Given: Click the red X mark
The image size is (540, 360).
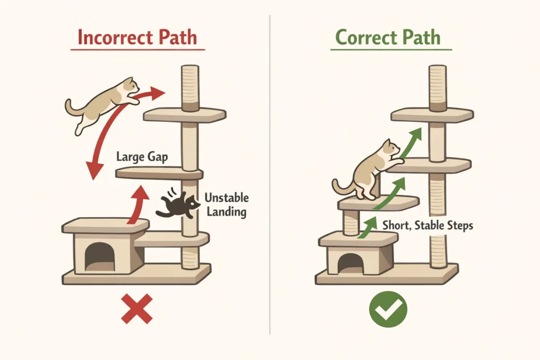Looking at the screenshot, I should (137, 308).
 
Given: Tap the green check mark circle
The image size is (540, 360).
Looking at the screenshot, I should (388, 309).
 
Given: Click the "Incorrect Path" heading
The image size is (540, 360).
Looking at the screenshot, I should (137, 38).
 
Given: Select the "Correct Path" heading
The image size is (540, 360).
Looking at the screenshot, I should (388, 38).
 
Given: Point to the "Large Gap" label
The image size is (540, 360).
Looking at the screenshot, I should (141, 157).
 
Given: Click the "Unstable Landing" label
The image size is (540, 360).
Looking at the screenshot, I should (226, 205).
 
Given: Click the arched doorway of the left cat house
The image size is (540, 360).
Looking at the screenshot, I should (100, 257).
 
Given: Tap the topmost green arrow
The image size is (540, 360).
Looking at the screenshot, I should (411, 140).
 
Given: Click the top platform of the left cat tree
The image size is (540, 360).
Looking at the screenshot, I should (185, 115).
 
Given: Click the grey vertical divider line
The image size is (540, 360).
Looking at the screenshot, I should (270, 174).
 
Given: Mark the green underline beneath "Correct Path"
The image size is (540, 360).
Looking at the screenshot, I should (391, 50).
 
